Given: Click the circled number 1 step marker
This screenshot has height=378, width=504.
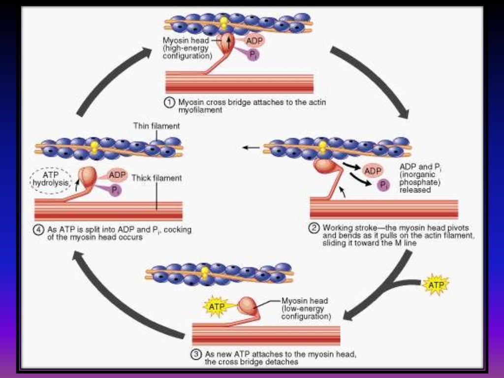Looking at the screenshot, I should [x=169, y=102].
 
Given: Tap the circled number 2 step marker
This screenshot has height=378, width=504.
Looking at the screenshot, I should [x=314, y=228].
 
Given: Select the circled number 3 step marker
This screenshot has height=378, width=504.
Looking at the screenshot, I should [x=196, y=354].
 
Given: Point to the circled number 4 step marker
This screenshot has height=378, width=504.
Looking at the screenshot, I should [x=39, y=229].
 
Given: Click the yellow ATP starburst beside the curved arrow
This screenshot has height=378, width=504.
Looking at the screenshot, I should [x=436, y=285].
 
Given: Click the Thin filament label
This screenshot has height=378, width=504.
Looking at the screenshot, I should [x=157, y=126].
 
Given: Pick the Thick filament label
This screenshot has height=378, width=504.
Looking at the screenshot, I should [x=157, y=178].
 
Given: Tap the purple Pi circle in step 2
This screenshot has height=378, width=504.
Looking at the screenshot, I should [x=383, y=185].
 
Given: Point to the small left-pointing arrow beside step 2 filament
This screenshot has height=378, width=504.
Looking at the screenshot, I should [x=251, y=147].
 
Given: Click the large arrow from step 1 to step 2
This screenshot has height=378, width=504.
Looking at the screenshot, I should [x=374, y=79].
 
